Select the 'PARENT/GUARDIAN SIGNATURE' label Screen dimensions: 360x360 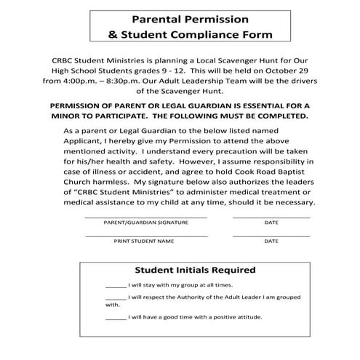146,223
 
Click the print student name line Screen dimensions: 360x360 146,236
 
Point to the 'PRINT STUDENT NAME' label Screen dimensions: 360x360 143,241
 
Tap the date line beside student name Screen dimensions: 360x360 271,236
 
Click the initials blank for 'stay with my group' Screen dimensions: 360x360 115,286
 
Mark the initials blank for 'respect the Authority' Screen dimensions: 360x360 115,297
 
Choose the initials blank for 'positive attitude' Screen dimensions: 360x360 115,318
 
